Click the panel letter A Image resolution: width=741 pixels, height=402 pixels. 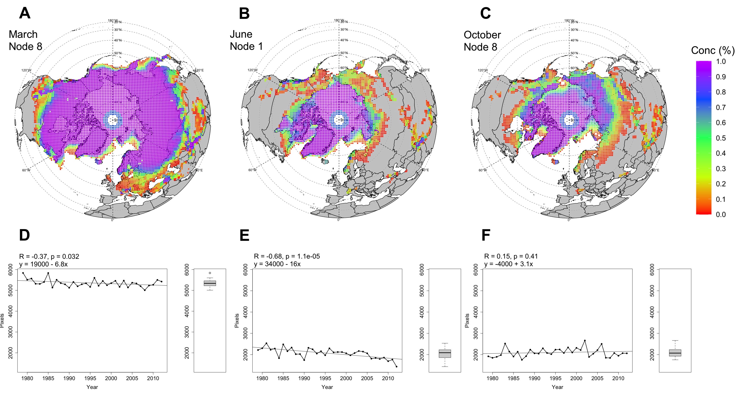25,13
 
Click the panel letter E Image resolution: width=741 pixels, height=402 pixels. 244,235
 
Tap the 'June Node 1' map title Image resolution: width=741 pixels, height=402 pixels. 246,40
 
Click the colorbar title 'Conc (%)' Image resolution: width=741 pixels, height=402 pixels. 712,51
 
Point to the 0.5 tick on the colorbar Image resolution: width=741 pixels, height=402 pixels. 721,138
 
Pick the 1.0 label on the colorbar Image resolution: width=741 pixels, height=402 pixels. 721,61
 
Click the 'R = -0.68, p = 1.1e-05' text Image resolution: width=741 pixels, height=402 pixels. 287,256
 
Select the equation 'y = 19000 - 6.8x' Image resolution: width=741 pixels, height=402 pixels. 43,264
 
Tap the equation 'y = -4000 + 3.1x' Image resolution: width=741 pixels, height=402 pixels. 508,264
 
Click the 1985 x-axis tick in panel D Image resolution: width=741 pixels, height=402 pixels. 48,378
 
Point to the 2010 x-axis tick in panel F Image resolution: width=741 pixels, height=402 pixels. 618,378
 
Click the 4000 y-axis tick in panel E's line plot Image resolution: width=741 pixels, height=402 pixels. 245,312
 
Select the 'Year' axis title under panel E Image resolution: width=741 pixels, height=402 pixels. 327,387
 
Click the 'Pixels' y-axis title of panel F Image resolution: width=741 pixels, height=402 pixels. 467,320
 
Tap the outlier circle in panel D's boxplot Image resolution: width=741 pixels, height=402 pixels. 210,273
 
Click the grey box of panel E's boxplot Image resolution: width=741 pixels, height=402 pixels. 445,354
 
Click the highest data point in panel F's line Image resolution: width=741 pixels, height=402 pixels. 585,341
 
